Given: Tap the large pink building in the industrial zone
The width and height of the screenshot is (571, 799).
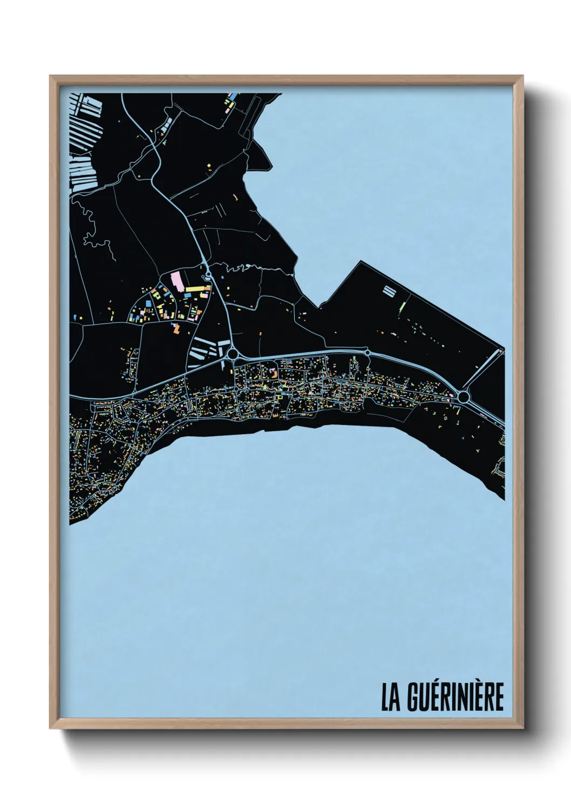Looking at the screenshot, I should coord(176,281).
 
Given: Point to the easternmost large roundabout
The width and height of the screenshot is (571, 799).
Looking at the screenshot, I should coord(463,397).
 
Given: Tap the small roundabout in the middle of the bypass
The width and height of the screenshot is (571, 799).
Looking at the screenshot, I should coord(368,353).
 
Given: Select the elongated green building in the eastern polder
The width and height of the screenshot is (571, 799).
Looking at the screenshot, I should coord(403,308).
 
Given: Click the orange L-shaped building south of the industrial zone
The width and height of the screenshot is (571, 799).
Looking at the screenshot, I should coord(176,327).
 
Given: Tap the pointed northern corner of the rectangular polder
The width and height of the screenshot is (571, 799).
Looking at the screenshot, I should coord(360,262).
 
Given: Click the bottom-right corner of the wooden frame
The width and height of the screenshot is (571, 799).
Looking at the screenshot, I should coord(524,729).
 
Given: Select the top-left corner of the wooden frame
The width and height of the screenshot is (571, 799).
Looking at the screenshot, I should coord(50,76).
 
